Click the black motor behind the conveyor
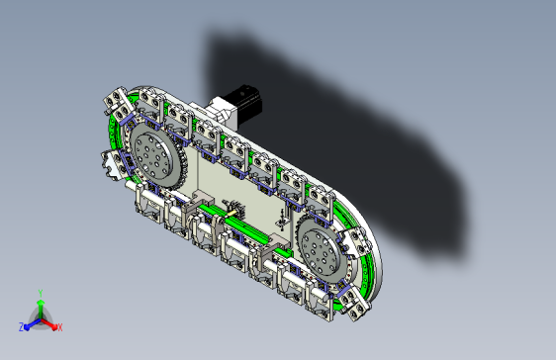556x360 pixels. [x=244, y=103]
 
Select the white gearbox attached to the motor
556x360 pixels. [x=220, y=112]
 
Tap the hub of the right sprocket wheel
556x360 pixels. [x=318, y=251]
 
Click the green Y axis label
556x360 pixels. [x=41, y=294]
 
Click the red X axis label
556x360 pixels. [x=60, y=327]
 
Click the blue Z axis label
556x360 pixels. [x=22, y=327]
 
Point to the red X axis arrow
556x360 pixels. [x=49, y=323]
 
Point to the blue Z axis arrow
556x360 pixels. [x=33, y=323]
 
